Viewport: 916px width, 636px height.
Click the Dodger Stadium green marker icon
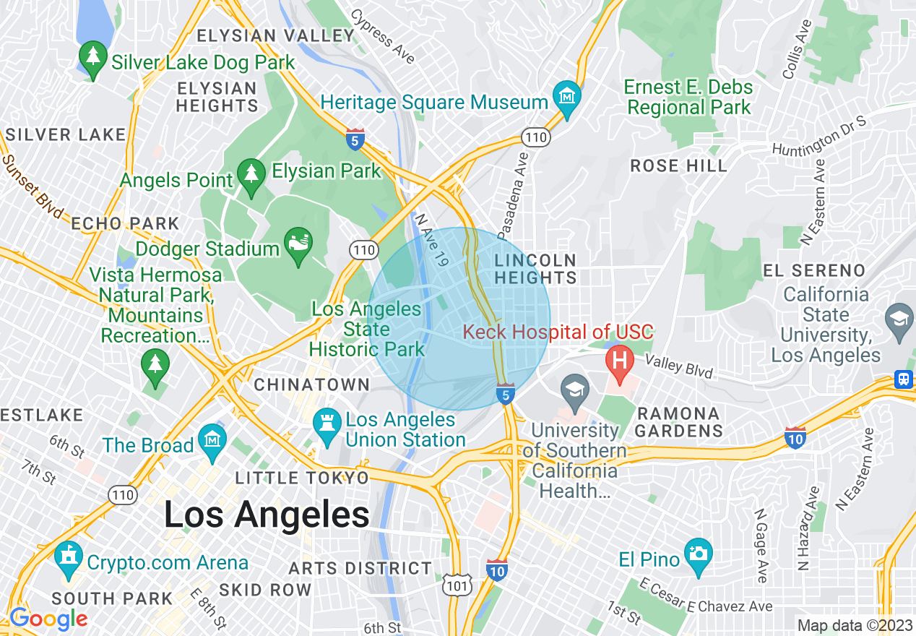click(298, 242)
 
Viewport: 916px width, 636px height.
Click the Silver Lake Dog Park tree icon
click(92, 57)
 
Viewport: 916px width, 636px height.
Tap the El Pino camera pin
click(699, 554)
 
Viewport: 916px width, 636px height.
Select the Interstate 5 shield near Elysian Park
click(355, 139)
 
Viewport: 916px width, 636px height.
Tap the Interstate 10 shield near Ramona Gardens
click(795, 437)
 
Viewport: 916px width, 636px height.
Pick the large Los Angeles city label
click(267, 515)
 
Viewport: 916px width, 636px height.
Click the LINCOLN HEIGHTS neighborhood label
click(536, 268)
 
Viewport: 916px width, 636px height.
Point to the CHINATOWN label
click(312, 384)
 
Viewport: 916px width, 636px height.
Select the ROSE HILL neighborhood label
click(678, 166)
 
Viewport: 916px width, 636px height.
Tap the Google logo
click(48, 619)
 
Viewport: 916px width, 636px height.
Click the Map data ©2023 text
click(854, 625)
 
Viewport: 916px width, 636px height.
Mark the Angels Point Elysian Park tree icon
click(251, 175)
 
